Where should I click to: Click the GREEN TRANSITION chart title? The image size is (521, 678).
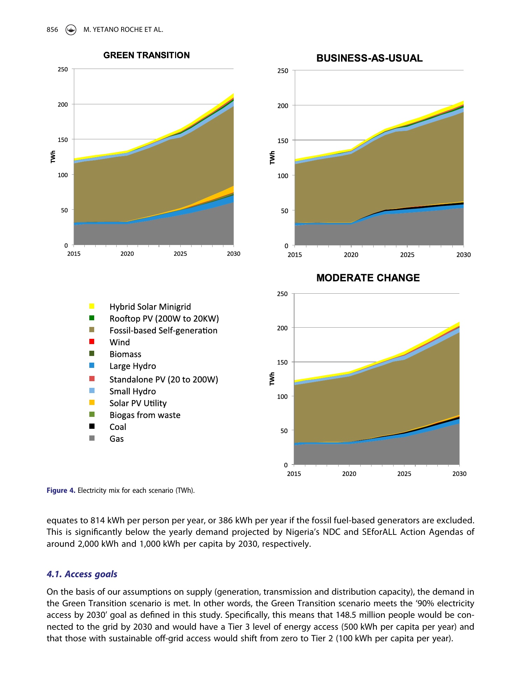click(146, 55)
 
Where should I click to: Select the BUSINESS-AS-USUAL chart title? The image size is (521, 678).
click(369, 58)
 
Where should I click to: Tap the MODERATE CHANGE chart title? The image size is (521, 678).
click(368, 278)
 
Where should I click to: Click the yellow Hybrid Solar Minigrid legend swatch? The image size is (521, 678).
click(92, 306)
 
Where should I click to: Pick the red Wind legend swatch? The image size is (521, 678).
click(92, 342)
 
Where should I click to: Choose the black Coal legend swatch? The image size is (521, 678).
click(92, 426)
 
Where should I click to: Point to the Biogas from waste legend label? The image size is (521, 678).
click(145, 415)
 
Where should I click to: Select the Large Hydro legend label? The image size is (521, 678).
click(133, 366)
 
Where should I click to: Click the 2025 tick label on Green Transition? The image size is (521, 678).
click(180, 254)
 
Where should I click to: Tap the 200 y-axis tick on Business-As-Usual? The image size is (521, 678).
click(283, 106)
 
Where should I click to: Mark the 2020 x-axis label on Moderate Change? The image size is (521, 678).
click(349, 474)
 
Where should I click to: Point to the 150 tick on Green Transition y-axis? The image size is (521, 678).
click(63, 140)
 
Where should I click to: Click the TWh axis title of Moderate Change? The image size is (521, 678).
click(272, 379)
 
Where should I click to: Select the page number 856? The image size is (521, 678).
click(52, 30)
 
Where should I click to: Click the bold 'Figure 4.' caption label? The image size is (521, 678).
click(61, 490)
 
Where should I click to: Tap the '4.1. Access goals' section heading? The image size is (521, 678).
click(82, 574)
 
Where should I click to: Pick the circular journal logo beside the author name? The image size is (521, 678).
click(71, 30)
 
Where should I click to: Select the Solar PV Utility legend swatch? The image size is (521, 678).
click(92, 403)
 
